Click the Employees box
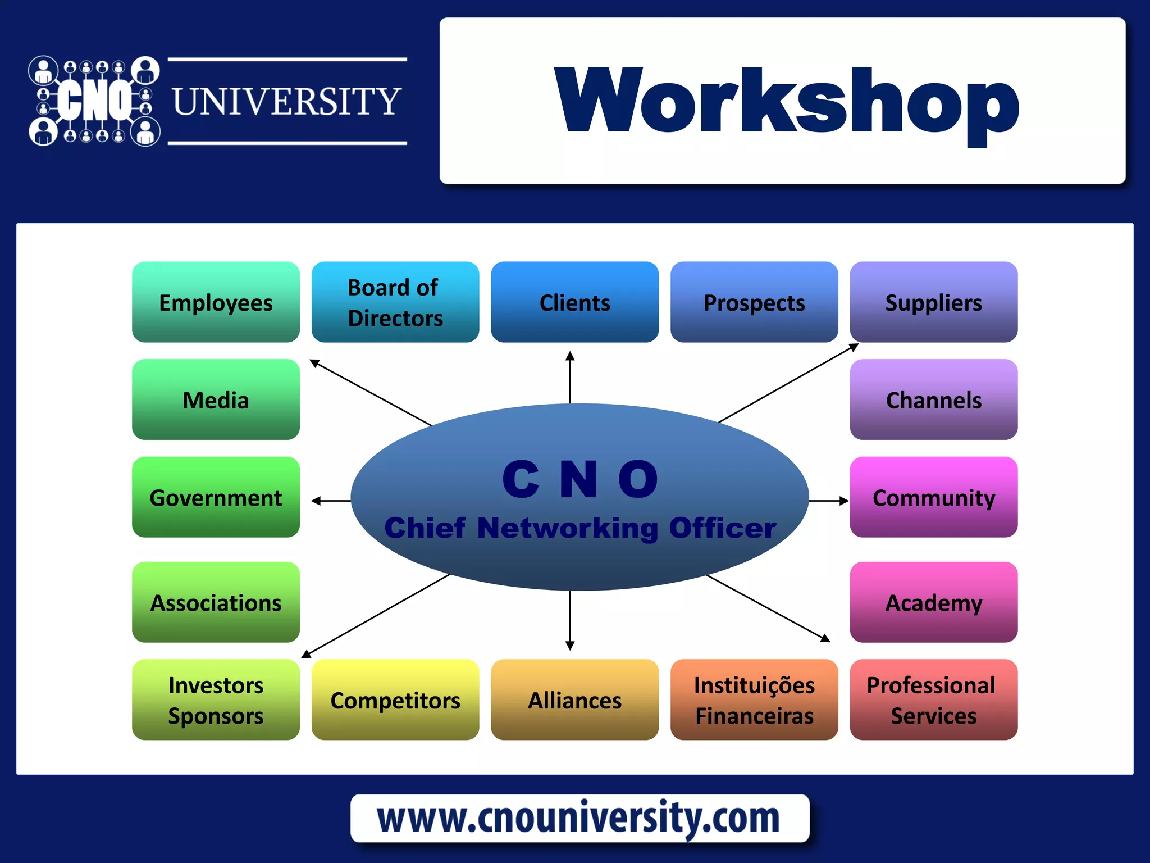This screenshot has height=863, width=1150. pyautogui.click(x=216, y=302)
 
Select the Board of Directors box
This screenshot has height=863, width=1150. pyautogui.click(x=395, y=302)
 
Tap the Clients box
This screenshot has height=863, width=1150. pyautogui.click(x=574, y=302)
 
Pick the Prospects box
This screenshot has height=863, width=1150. pyautogui.click(x=754, y=302)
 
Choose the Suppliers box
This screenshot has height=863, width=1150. pyautogui.click(x=933, y=302)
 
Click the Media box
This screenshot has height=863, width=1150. pyautogui.click(x=216, y=399)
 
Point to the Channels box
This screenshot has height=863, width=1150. pyautogui.click(x=933, y=399)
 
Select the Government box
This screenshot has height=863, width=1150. pyautogui.click(x=216, y=497)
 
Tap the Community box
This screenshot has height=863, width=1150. pyautogui.click(x=933, y=497)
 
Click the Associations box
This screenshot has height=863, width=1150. pyautogui.click(x=216, y=602)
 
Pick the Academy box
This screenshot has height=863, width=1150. pyautogui.click(x=933, y=602)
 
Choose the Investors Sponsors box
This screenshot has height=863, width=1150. pyautogui.click(x=216, y=700)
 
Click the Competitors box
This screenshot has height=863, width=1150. pyautogui.click(x=395, y=700)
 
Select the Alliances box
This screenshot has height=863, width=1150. pyautogui.click(x=574, y=700)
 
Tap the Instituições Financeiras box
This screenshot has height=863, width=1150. pyautogui.click(x=754, y=700)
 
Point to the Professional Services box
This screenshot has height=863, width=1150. pyautogui.click(x=933, y=700)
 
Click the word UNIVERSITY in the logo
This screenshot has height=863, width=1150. pyautogui.click(x=287, y=102)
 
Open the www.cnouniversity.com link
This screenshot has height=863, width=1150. pyautogui.click(x=579, y=818)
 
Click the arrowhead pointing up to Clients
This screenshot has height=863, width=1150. pyautogui.click(x=570, y=356)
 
